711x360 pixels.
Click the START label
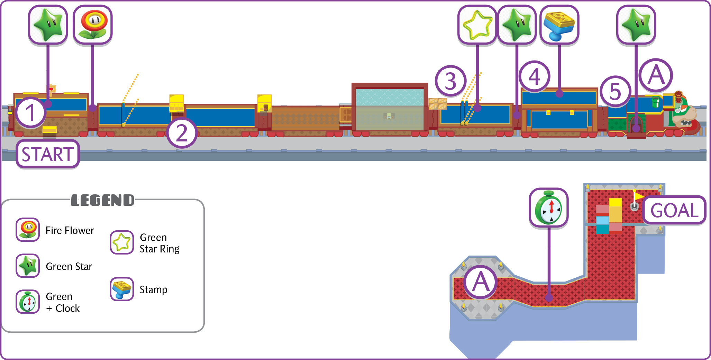pos(48,154)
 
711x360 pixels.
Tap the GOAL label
pos(674,210)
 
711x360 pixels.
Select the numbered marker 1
pos(31,113)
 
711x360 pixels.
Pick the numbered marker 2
pos(182,133)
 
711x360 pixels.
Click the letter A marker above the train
pos(656,75)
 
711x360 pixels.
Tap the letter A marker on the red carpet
pos(481,282)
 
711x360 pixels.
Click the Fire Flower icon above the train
pos(93,25)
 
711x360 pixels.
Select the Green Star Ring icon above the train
pos(477,25)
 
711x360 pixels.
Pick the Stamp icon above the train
pos(559,25)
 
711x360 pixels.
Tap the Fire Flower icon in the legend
pos(28,230)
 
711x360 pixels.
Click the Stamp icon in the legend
pos(122,289)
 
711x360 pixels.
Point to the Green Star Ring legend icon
pos(122,242)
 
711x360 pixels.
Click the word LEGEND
pos(102,200)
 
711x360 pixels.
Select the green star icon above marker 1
pos(48,25)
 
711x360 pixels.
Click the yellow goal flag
pos(638,196)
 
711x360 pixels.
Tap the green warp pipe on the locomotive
pos(655,102)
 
